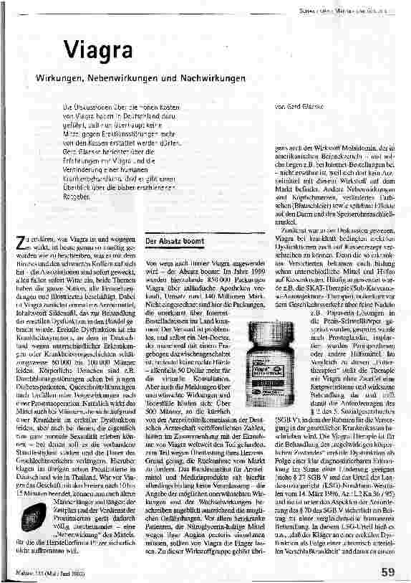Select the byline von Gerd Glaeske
coord(297,105)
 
